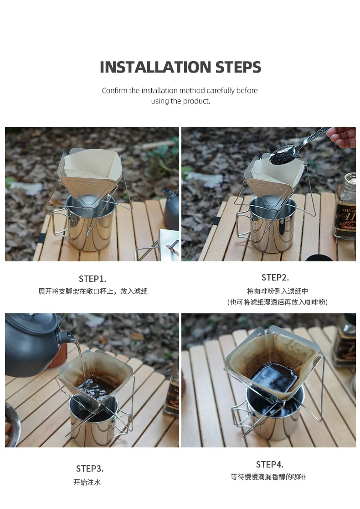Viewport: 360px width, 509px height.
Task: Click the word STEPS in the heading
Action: (x=238, y=67)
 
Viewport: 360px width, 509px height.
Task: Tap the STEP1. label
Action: (x=93, y=279)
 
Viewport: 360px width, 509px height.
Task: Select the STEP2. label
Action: (x=275, y=278)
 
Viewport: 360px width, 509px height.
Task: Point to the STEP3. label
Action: (x=90, y=469)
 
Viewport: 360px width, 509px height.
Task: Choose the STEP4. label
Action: (x=270, y=464)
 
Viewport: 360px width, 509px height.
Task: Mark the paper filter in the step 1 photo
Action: (x=93, y=167)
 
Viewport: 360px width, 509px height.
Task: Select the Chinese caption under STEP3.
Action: (x=87, y=483)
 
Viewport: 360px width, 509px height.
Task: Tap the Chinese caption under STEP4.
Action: (x=268, y=477)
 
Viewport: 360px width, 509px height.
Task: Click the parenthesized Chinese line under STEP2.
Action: (x=278, y=302)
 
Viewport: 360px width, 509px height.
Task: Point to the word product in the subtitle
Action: (x=196, y=101)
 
